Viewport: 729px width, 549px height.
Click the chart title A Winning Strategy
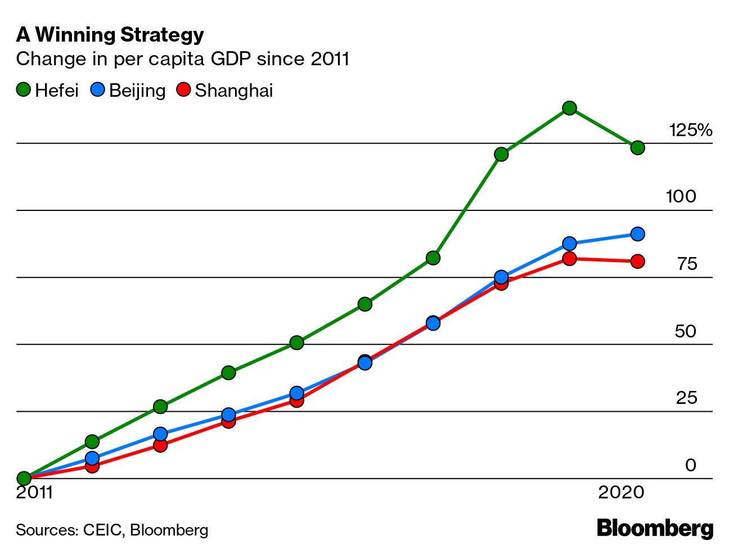[x=110, y=35]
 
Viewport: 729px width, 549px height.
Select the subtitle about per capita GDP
[x=183, y=59]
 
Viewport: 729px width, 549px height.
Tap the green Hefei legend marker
[x=24, y=90]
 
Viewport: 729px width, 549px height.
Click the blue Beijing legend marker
[x=98, y=90]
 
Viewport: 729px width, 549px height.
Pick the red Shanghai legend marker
[x=184, y=90]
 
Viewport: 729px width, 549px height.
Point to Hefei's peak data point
[x=569, y=108]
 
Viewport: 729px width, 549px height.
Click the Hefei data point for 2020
[x=637, y=148]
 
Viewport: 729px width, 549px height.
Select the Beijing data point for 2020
[x=637, y=234]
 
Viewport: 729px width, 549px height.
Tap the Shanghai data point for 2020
[x=637, y=262]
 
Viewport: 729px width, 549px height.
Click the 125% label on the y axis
[x=690, y=130]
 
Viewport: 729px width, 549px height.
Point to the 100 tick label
[x=681, y=197]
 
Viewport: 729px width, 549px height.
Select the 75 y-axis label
[x=687, y=264]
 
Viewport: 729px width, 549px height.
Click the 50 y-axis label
[x=686, y=331]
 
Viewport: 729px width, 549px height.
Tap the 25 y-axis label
[x=686, y=398]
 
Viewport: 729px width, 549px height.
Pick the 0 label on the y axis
[x=691, y=465]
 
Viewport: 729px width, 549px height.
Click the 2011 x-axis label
[x=34, y=493]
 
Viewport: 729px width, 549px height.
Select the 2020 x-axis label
[x=621, y=493]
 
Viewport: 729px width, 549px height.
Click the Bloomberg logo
[x=655, y=529]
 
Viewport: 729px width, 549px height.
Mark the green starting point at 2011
[x=24, y=479]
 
